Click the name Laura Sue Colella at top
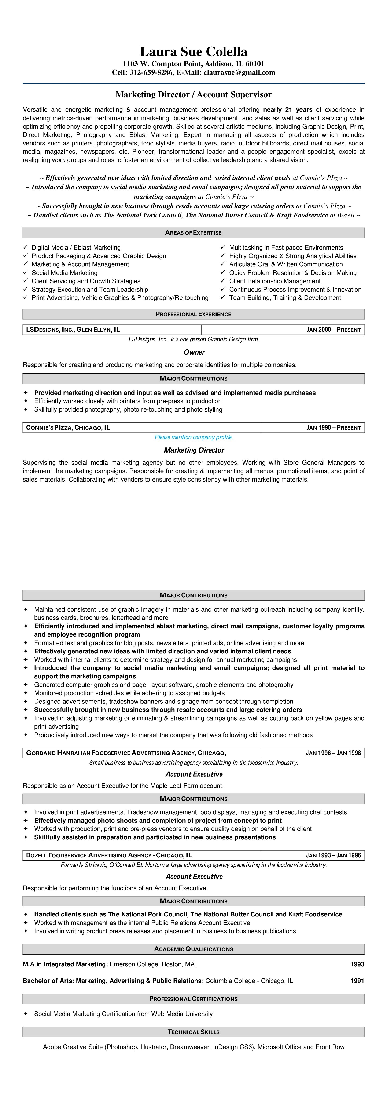pos(193,52)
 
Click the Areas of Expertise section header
pos(193,233)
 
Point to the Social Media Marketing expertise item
pos(65,273)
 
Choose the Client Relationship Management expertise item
pos(275,281)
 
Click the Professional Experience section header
pos(193,314)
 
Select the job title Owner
pos(194,352)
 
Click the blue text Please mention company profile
pos(194,437)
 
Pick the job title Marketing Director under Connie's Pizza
pos(194,450)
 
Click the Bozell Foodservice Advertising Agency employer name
pos(109,855)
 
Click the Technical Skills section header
pos(193,1032)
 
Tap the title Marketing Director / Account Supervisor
pos(193,95)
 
